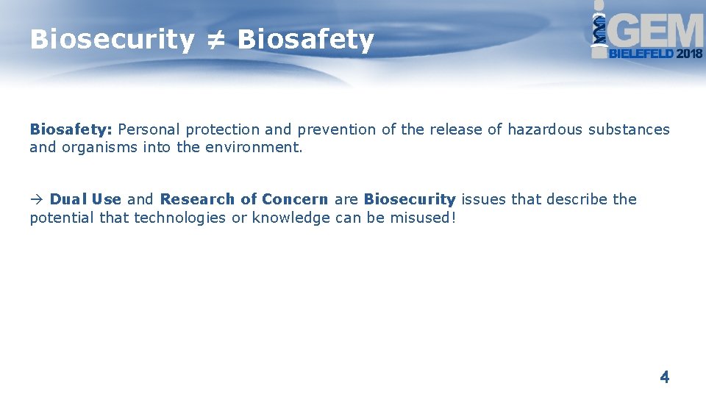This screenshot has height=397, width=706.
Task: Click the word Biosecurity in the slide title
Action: pos(111,40)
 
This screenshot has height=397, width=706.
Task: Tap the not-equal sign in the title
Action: pos(215,40)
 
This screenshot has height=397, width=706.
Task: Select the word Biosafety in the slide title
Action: pos(305,40)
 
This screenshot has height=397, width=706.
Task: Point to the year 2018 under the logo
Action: pos(689,54)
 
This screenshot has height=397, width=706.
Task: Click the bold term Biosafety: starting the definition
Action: pos(71,130)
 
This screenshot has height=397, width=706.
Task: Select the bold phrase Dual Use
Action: pos(85,199)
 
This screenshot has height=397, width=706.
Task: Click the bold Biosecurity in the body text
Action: pos(410,199)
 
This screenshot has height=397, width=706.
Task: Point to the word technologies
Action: pos(179,218)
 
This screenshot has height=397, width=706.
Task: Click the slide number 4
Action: pos(665,378)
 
